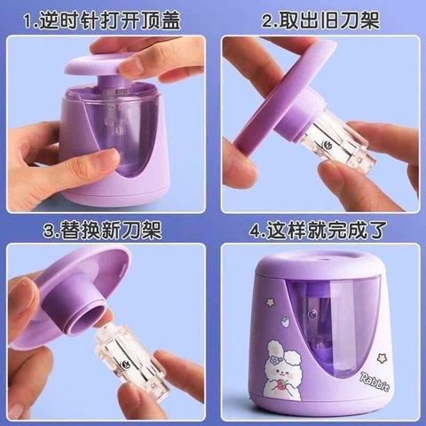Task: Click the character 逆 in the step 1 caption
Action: tap(51, 17)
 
